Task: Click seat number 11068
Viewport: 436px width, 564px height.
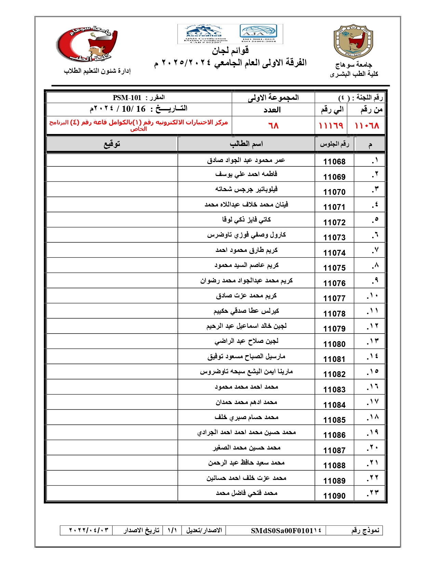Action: pyautogui.click(x=334, y=161)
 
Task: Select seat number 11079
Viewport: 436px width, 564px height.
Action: pyautogui.click(x=334, y=328)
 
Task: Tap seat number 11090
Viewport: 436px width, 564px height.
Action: pyautogui.click(x=334, y=496)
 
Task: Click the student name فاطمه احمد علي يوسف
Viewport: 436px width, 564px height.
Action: pyautogui.click(x=246, y=174)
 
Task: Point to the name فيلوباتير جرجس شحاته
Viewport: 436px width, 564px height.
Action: pyautogui.click(x=246, y=189)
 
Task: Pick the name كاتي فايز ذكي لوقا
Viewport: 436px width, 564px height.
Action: pyautogui.click(x=246, y=219)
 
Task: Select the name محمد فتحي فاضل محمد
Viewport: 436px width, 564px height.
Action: pyautogui.click(x=246, y=493)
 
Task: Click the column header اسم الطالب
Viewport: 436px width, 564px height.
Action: pyautogui.click(x=246, y=144)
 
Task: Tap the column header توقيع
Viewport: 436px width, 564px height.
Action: pyautogui.click(x=112, y=144)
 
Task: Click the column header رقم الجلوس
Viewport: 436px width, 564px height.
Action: pyautogui.click(x=334, y=144)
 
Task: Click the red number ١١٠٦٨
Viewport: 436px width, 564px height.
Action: pyautogui.click(x=367, y=126)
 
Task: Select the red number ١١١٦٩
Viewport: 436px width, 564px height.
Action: pyautogui.click(x=331, y=126)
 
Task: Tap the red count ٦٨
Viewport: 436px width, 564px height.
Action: pyautogui.click(x=273, y=126)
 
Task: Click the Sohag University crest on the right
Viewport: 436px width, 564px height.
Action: pyautogui.click(x=353, y=42)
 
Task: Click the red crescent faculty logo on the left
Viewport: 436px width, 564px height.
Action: pyautogui.click(x=87, y=44)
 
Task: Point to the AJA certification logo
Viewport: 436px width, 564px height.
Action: pyautogui.click(x=258, y=32)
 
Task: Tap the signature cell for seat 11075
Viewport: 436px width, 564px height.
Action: pyautogui.click(x=112, y=265)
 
